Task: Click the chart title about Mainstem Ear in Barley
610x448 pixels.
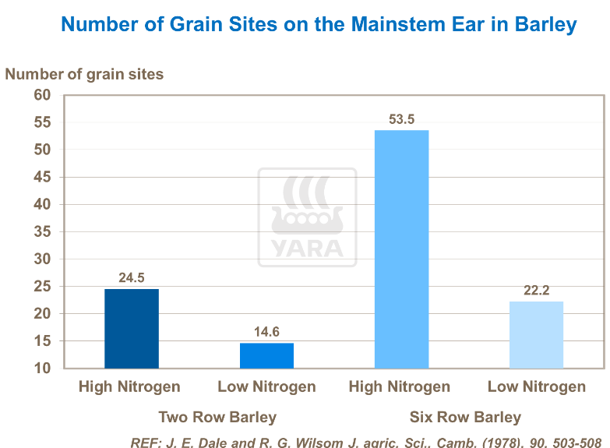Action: pos(319,24)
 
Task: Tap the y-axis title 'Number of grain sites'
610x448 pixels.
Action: pos(84,74)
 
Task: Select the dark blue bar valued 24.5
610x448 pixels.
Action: pos(132,329)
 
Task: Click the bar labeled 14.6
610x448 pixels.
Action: pos(266,355)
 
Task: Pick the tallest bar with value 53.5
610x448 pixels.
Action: pos(401,249)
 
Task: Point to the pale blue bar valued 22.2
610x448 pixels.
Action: pos(536,335)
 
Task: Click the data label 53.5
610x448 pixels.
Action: pos(401,119)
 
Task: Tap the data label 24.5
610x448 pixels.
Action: pos(132,277)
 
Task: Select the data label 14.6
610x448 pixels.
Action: pos(266,332)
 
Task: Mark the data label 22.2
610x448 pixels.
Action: pos(536,291)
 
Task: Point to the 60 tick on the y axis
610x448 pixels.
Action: pos(42,95)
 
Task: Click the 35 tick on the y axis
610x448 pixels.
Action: pos(42,232)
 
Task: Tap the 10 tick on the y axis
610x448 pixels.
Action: pos(42,369)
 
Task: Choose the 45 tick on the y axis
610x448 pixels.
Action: pos(42,177)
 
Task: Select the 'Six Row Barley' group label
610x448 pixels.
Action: pos(465,417)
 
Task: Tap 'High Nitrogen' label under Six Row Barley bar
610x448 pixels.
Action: pos(400,386)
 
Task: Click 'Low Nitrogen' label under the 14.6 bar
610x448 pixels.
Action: pos(266,386)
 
